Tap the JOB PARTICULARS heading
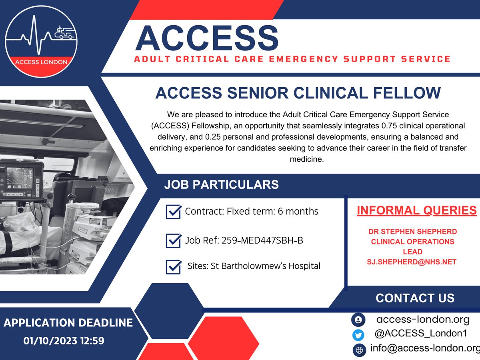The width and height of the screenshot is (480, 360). point(221,185)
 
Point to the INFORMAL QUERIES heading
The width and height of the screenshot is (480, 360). point(416,210)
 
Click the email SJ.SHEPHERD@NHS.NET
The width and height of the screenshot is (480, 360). point(412,262)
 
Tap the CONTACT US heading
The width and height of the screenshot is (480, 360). point(415,298)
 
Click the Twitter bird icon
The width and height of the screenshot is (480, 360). point(358,335)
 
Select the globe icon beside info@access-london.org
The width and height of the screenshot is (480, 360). point(359,350)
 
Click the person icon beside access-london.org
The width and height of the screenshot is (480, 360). point(358,320)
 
